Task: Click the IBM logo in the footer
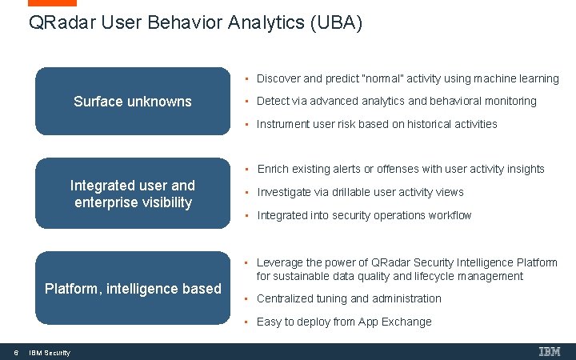coord(550,351)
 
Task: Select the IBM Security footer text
coord(49,353)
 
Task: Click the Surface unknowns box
coord(133,102)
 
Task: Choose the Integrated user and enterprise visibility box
coord(133,194)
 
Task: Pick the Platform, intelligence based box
coord(133,288)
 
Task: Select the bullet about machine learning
coord(407,78)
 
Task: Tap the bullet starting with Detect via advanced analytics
coord(396,101)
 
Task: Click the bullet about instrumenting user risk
coord(377,124)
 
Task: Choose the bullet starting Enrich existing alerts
coord(400,169)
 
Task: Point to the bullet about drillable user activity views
coord(360,192)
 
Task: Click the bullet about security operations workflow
coord(364,215)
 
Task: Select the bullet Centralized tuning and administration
coord(349,298)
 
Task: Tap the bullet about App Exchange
coord(344,322)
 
